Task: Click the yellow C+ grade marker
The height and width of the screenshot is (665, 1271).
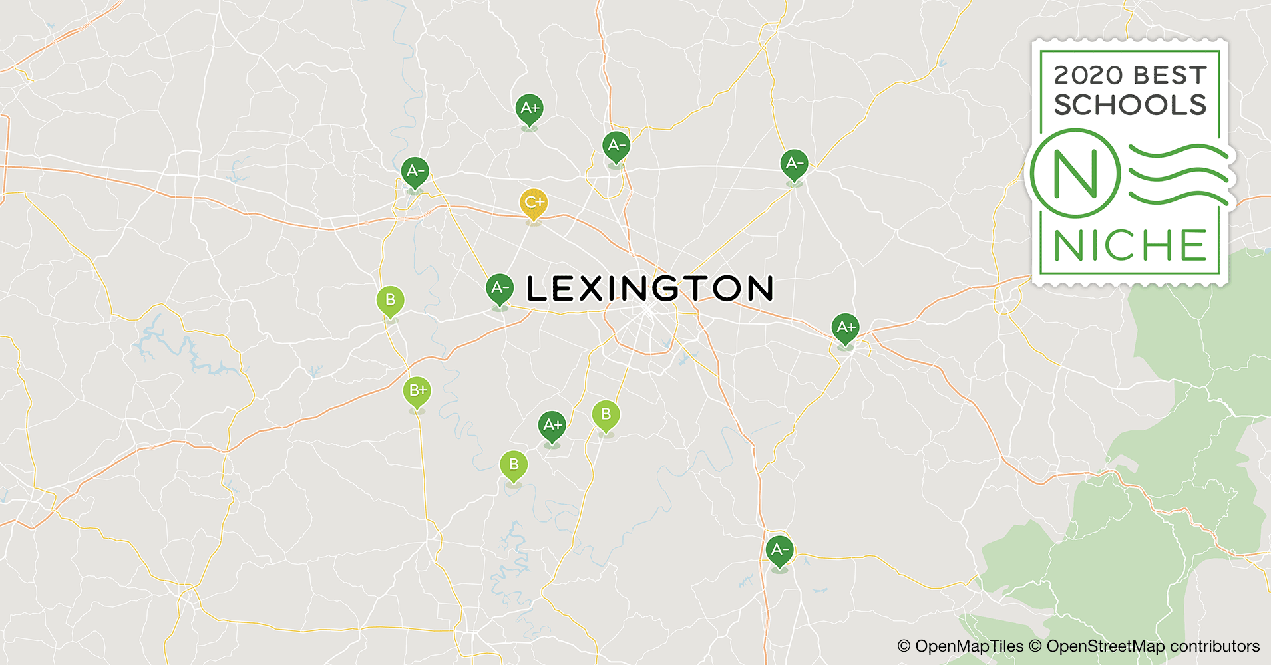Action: (534, 203)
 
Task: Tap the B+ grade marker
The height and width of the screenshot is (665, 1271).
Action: (417, 391)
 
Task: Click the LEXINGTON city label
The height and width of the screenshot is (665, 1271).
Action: (649, 289)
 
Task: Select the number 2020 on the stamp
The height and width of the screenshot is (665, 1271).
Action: (1088, 76)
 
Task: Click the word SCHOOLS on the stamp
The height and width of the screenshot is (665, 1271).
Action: (1130, 105)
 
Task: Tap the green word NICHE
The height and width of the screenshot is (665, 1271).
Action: (1130, 246)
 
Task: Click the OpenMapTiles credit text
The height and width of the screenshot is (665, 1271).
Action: (960, 646)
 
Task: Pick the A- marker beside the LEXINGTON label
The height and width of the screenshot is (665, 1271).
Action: (500, 289)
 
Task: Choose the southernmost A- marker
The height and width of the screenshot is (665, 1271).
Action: (779, 551)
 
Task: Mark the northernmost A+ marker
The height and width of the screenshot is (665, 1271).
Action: (530, 108)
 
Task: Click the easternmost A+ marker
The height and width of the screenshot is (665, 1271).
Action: (845, 328)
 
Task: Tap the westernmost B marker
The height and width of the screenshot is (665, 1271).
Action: (390, 301)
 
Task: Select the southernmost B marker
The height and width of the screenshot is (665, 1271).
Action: (513, 465)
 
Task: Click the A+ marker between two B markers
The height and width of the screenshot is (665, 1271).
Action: (552, 425)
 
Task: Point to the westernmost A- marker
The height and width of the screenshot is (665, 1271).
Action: (415, 172)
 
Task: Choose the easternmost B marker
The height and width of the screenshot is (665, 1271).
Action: (606, 415)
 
